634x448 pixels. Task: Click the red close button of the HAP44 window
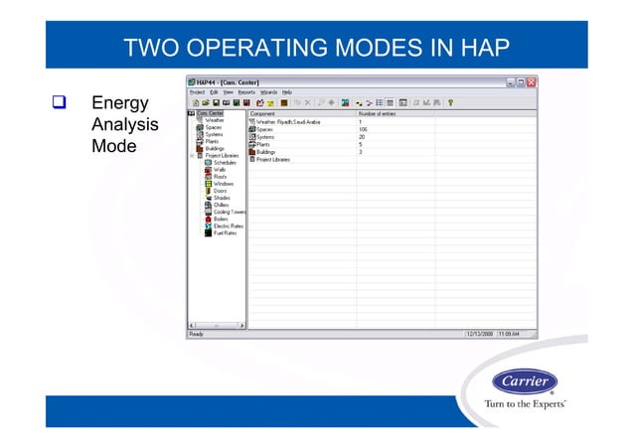pos(532,81)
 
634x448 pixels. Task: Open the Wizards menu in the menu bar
pos(268,91)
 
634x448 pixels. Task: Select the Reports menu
pos(245,91)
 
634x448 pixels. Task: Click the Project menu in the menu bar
pos(198,91)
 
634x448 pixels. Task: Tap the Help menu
pos(287,91)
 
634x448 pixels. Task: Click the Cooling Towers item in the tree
pos(230,212)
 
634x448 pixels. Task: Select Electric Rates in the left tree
pos(228,225)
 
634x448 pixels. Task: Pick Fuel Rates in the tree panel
pos(225,233)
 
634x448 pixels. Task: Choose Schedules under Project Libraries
pos(226,163)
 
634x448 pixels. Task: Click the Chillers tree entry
pos(222,205)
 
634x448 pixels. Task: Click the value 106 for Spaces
pos(363,129)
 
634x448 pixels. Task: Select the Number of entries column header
pos(378,114)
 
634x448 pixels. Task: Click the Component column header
pos(263,114)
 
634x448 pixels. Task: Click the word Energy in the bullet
pos(119,103)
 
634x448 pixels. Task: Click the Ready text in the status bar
pos(197,334)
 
